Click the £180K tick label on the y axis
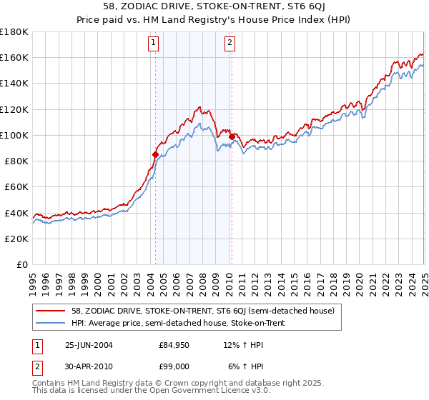pyautogui.click(x=14, y=32)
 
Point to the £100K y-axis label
pyautogui.click(x=14, y=135)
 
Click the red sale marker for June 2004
pyautogui.click(x=155, y=154)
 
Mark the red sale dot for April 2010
pyautogui.click(x=232, y=136)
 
